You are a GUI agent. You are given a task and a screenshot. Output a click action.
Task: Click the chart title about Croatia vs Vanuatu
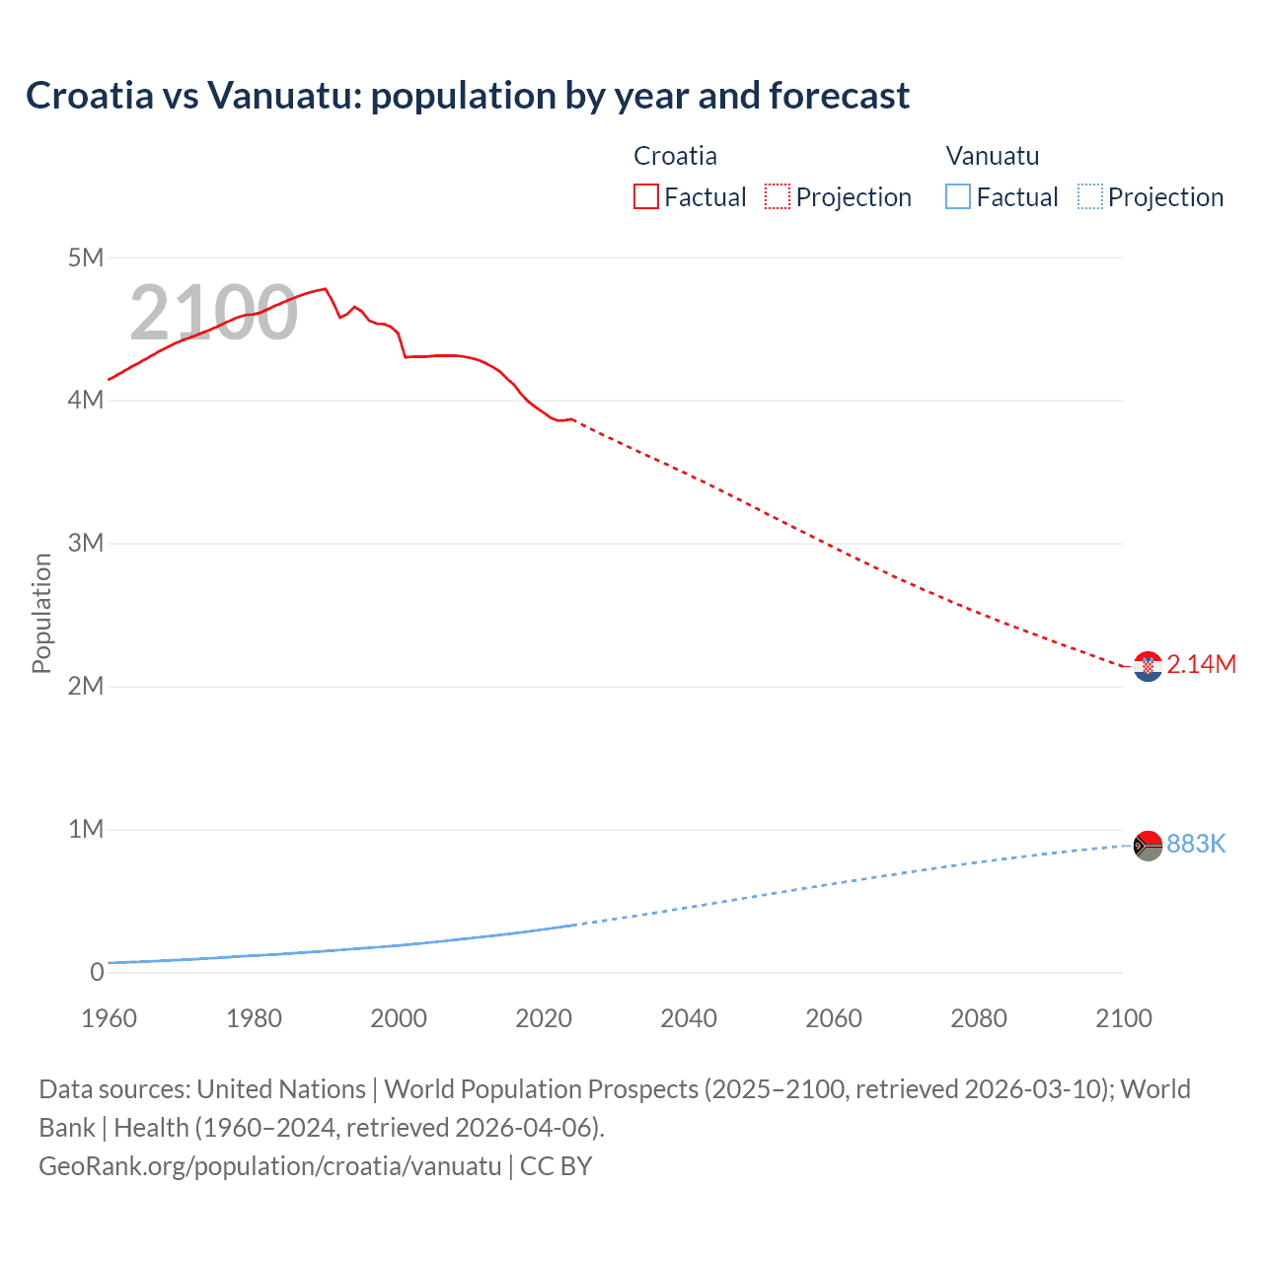click(x=468, y=96)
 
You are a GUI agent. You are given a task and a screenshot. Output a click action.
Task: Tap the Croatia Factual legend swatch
click(x=645, y=196)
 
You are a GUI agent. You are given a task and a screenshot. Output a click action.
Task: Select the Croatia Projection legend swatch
click(x=778, y=196)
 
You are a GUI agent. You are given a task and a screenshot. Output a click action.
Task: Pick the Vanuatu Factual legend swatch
click(x=958, y=196)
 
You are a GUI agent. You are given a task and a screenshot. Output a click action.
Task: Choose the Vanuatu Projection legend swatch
click(x=1089, y=196)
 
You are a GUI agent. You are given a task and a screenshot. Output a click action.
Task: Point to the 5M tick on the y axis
click(x=86, y=258)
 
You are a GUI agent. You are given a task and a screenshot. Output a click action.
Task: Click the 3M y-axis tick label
click(x=86, y=543)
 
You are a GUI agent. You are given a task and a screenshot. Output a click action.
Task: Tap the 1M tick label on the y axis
click(x=86, y=829)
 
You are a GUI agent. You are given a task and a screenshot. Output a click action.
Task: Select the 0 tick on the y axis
click(x=97, y=972)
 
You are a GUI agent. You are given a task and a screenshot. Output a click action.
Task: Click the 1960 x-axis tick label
click(x=109, y=1018)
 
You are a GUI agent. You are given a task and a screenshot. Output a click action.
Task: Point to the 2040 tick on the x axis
click(x=689, y=1018)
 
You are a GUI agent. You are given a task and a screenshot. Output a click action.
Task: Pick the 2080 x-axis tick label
click(x=979, y=1018)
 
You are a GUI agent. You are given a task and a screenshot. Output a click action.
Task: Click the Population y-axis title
click(x=41, y=613)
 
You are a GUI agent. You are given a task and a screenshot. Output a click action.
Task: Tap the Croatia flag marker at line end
click(x=1148, y=667)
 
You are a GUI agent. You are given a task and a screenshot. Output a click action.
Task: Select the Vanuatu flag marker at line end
click(x=1148, y=846)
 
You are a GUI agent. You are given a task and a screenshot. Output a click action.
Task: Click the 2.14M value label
click(x=1201, y=665)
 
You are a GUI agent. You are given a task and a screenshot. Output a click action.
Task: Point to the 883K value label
click(x=1196, y=844)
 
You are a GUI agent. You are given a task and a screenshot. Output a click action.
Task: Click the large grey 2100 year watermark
click(x=213, y=313)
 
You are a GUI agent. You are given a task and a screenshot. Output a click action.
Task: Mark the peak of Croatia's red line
click(x=326, y=288)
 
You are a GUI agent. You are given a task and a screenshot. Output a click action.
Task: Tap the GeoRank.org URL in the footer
click(x=269, y=1166)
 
